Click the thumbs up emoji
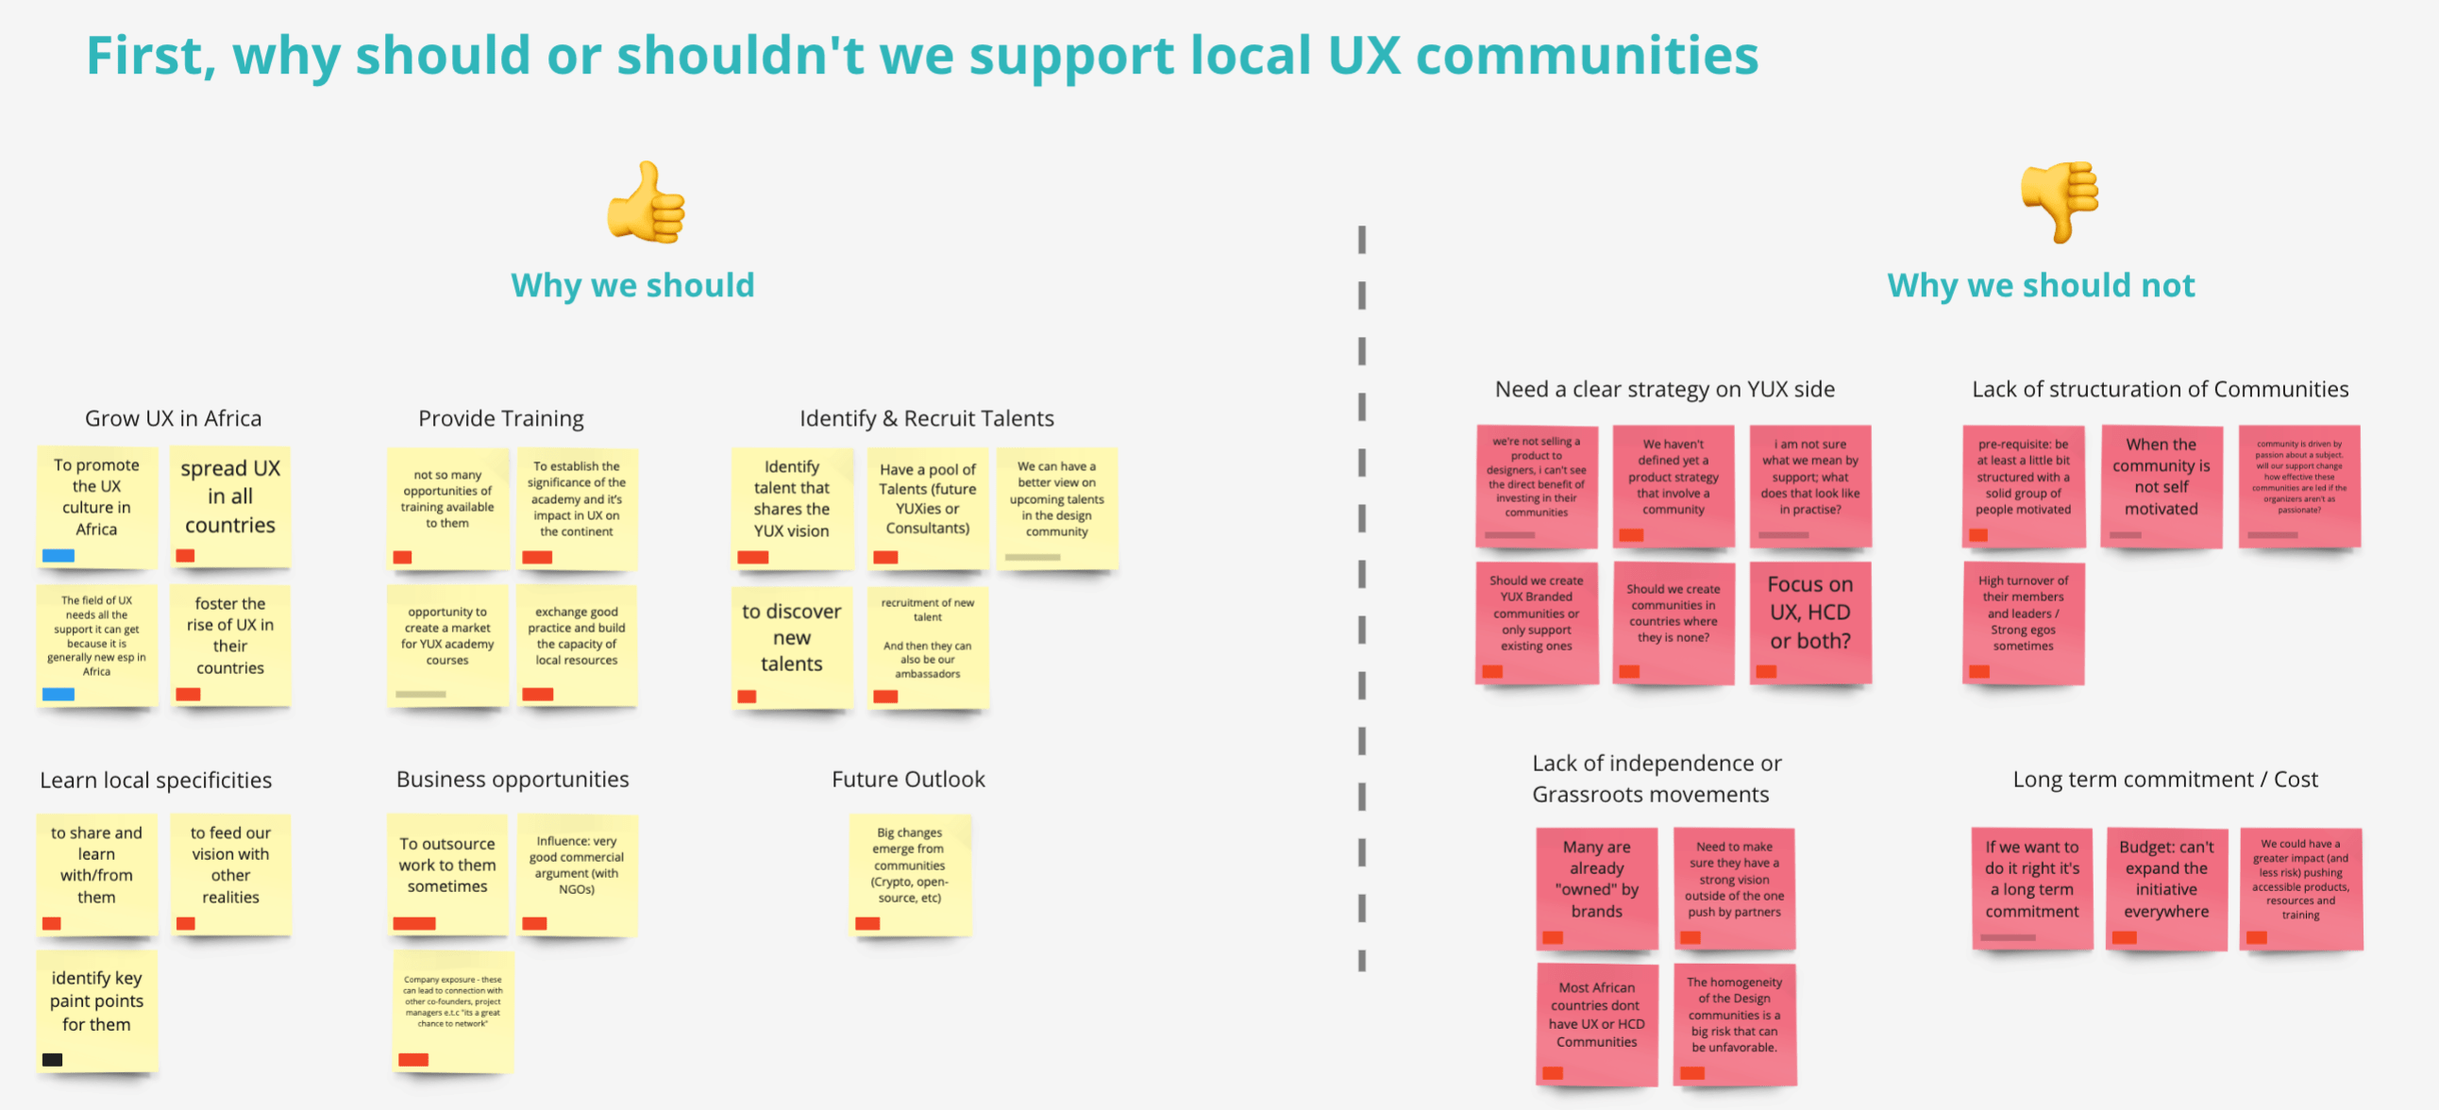tap(647, 202)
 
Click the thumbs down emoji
tap(2060, 200)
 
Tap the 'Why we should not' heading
tap(2041, 285)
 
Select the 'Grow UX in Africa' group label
tap(174, 419)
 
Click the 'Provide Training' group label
tap(501, 419)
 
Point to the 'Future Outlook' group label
tap(908, 780)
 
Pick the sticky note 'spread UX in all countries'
tap(230, 506)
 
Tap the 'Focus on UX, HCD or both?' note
tap(1809, 621)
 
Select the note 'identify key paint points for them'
tap(96, 1010)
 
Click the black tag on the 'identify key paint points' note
tap(53, 1060)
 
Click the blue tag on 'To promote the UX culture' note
tap(59, 556)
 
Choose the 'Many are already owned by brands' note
tap(1596, 886)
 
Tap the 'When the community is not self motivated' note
tap(2161, 485)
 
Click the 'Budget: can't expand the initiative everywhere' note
tap(2166, 886)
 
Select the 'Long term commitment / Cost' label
tap(2164, 780)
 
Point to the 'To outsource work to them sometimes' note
tap(446, 873)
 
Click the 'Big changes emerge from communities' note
tap(909, 873)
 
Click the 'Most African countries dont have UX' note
tap(1596, 1023)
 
